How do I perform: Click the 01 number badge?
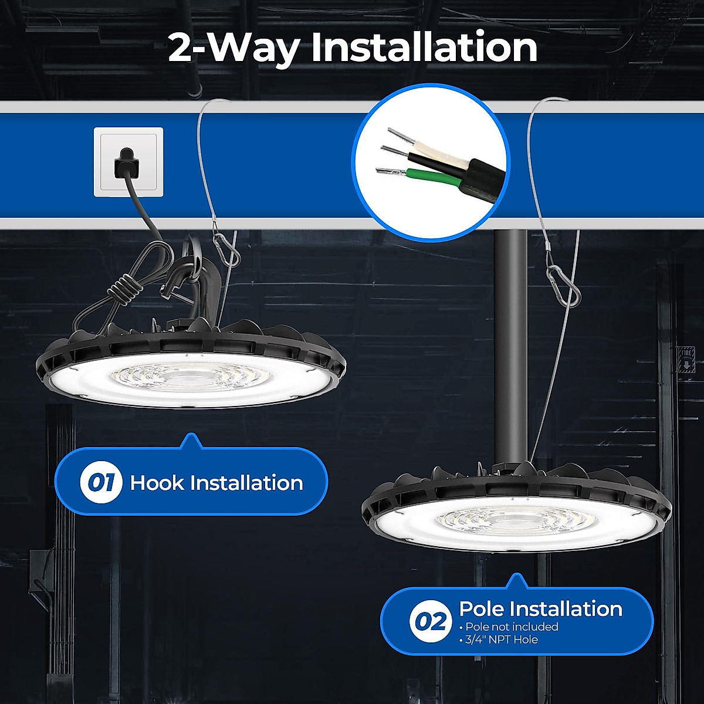point(101,483)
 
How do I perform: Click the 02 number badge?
point(430,621)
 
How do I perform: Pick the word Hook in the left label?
point(157,483)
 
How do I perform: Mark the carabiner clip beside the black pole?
point(563,286)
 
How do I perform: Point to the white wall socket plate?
point(128,162)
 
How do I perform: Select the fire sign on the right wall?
point(686,359)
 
